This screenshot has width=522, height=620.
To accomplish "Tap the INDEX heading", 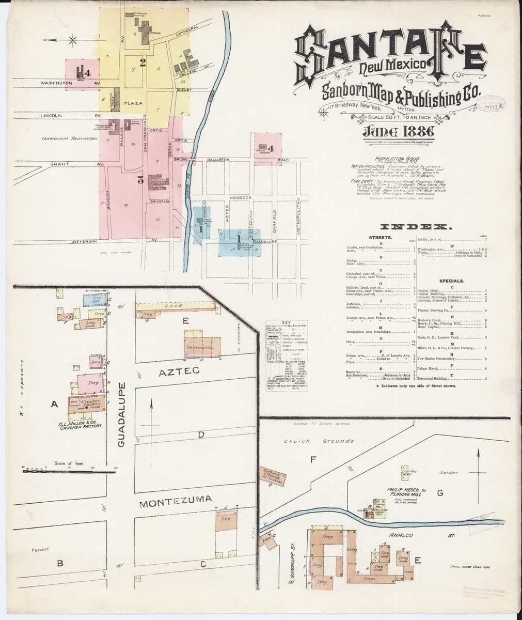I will tap(416, 227).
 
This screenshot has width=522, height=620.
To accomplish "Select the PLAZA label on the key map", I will tap(133, 103).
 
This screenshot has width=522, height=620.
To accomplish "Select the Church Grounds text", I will tap(319, 441).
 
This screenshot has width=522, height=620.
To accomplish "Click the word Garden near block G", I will tap(449, 472).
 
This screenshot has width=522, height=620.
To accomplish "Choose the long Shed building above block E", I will tap(176, 306).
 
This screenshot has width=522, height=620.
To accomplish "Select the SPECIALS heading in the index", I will tap(451, 281).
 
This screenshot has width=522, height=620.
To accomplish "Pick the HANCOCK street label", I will tap(240, 197).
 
